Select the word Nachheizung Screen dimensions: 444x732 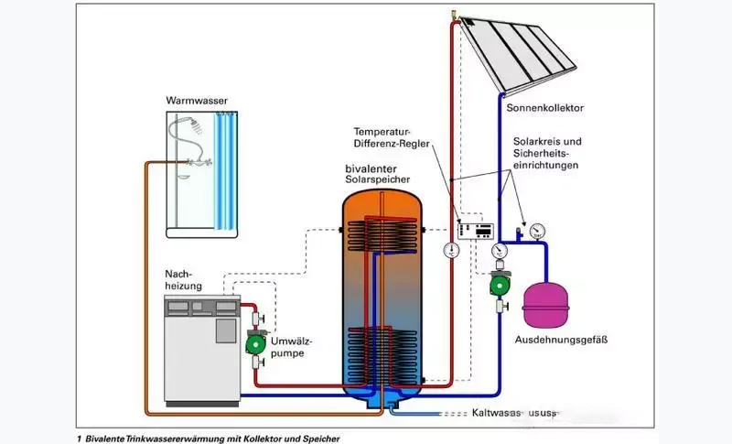(183, 280)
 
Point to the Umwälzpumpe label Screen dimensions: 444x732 (292, 345)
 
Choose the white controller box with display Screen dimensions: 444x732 (476, 231)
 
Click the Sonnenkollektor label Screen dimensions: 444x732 (544, 108)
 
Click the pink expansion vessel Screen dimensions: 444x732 (546, 306)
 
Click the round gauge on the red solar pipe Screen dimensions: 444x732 (454, 249)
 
